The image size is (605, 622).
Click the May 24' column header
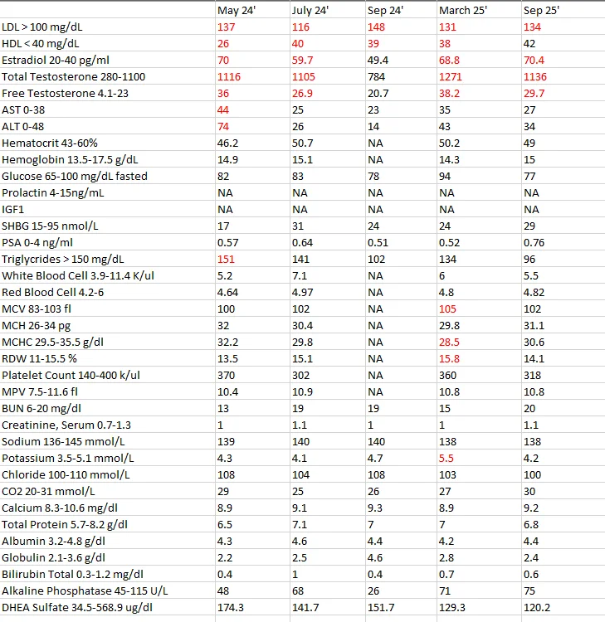(237, 11)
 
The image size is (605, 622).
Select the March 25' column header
(463, 10)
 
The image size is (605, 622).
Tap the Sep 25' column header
(541, 10)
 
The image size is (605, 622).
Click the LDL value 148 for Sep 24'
(376, 27)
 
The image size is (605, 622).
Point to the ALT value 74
(223, 127)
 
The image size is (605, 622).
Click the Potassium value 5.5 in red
(446, 458)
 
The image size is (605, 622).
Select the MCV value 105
(447, 309)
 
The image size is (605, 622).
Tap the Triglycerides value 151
(226, 259)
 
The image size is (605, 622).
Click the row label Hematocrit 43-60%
(50, 143)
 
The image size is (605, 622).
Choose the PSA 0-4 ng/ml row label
(37, 243)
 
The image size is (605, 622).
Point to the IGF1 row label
(12, 210)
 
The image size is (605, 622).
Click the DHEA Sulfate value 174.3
(230, 607)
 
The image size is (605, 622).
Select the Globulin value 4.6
(375, 558)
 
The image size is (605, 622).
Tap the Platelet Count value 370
(226, 375)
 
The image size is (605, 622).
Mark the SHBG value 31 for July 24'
(298, 226)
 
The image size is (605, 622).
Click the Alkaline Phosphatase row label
(85, 591)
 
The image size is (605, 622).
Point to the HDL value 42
(529, 44)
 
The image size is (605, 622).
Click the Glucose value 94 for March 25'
(445, 176)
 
